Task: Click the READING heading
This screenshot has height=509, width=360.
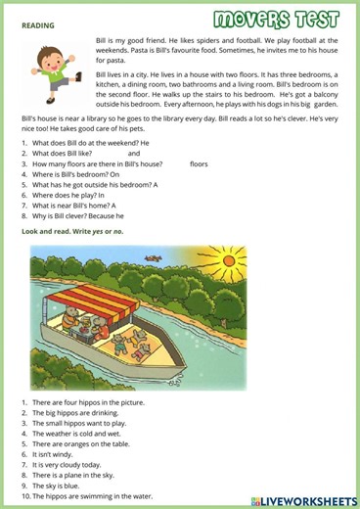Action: tap(39, 25)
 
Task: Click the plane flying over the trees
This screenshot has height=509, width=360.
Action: tap(152, 258)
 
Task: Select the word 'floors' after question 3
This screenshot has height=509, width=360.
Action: tap(199, 164)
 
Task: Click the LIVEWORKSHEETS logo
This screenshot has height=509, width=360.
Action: tap(303, 500)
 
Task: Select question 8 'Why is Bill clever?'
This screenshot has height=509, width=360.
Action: tap(78, 216)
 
